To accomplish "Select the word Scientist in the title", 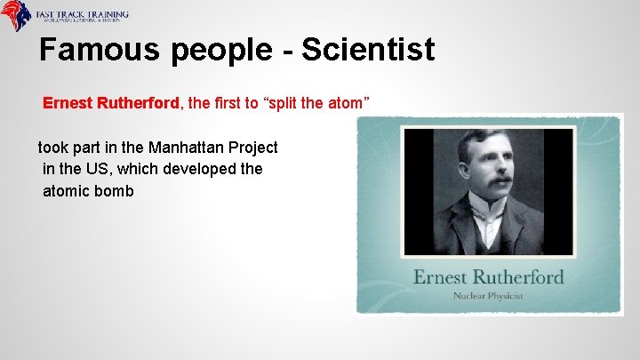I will [368, 50].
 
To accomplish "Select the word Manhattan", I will [188, 147].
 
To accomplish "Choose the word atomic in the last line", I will [68, 189].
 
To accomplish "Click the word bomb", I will [116, 189].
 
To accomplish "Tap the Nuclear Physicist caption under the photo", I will [488, 295].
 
